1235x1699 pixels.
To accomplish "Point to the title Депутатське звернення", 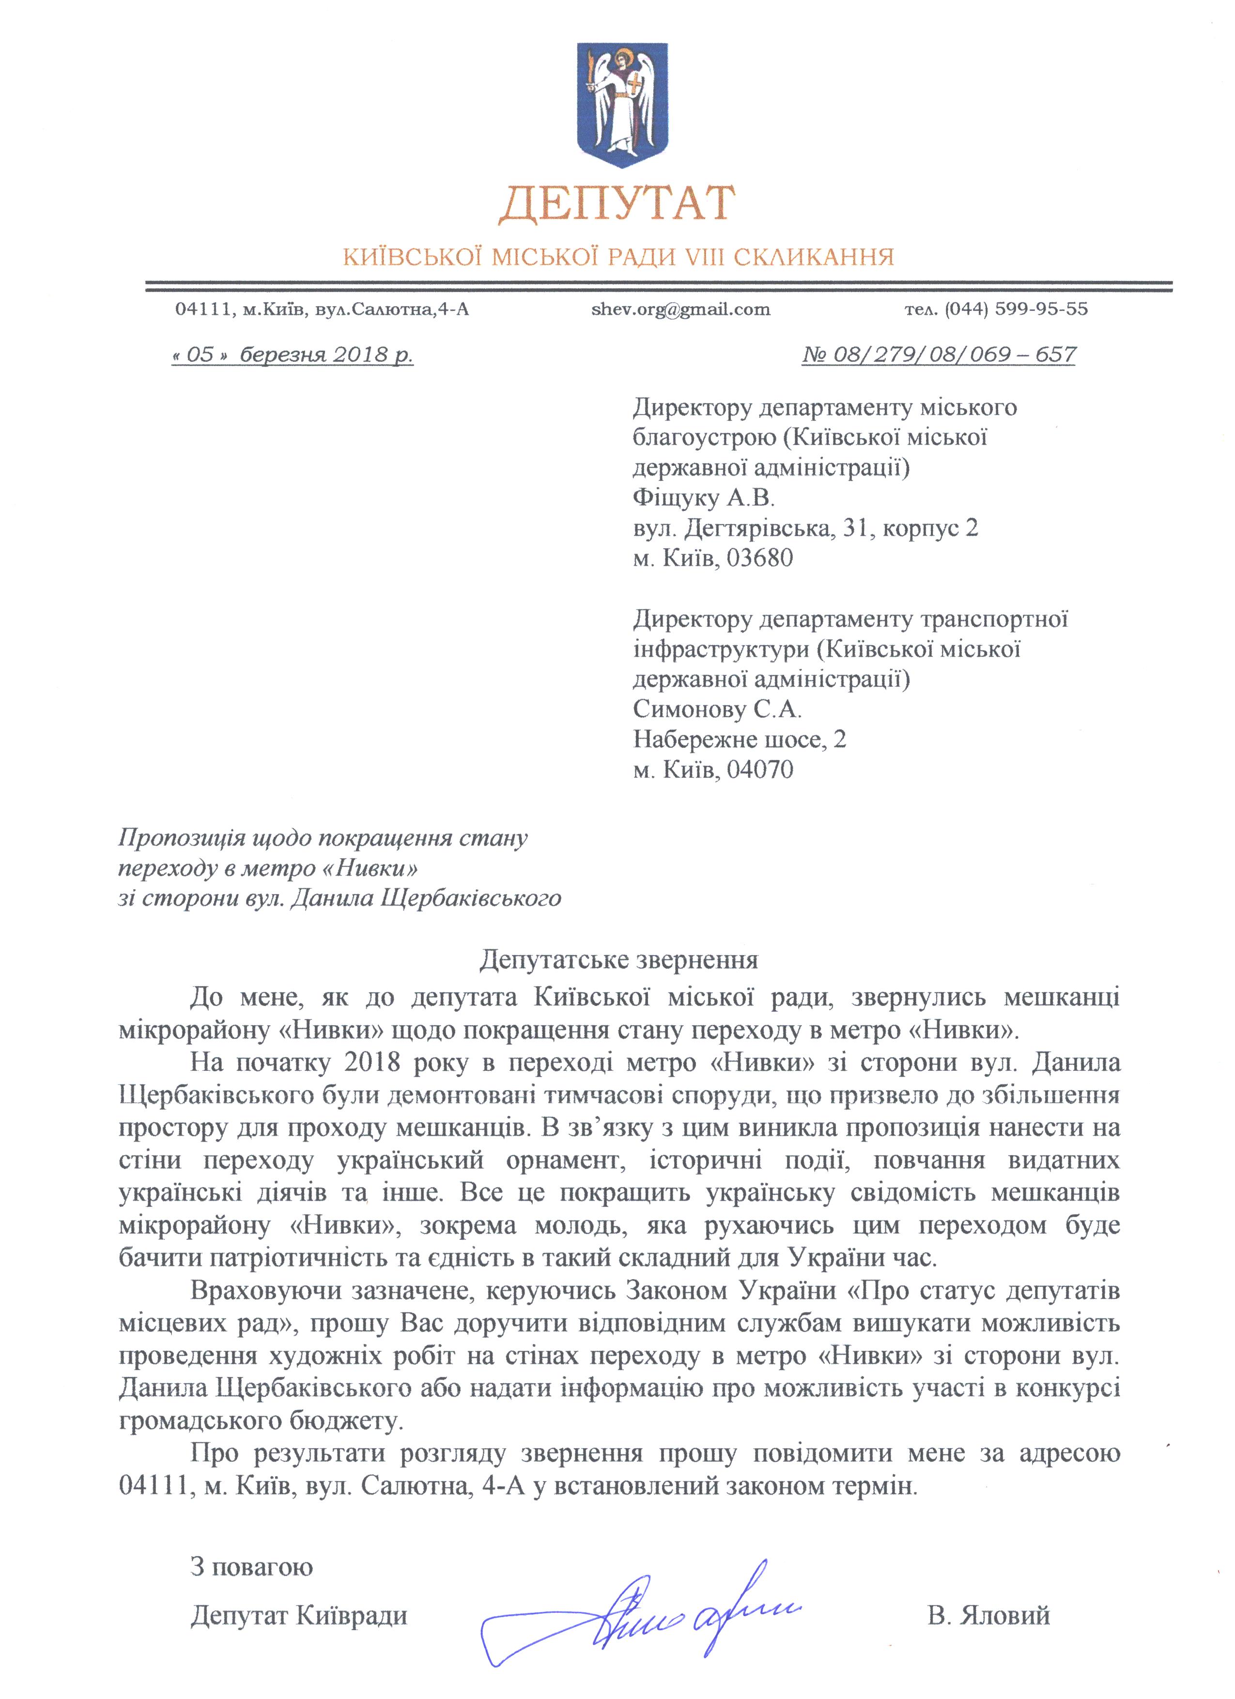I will (x=618, y=959).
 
